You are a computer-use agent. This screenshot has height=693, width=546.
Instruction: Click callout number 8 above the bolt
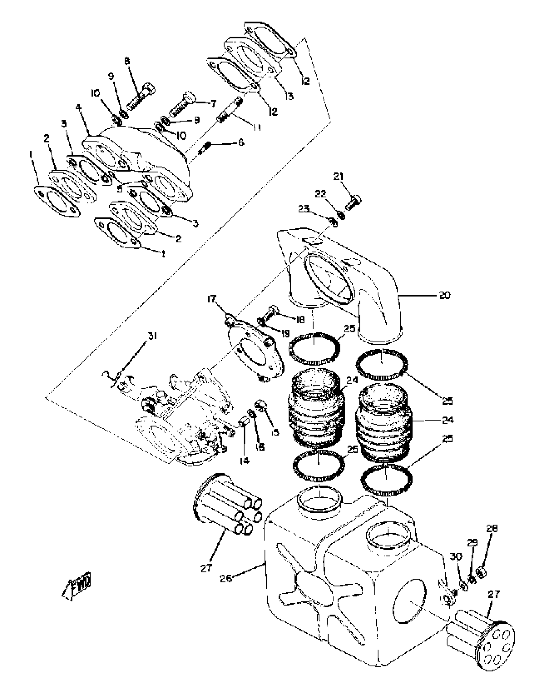point(128,61)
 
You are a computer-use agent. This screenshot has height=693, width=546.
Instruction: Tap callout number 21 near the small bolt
point(339,176)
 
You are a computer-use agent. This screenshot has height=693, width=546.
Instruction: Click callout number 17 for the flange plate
point(212,300)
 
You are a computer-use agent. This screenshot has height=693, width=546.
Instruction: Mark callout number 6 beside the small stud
point(241,142)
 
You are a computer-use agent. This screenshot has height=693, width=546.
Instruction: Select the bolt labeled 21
point(353,202)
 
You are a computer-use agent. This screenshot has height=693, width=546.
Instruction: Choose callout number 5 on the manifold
point(120,189)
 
